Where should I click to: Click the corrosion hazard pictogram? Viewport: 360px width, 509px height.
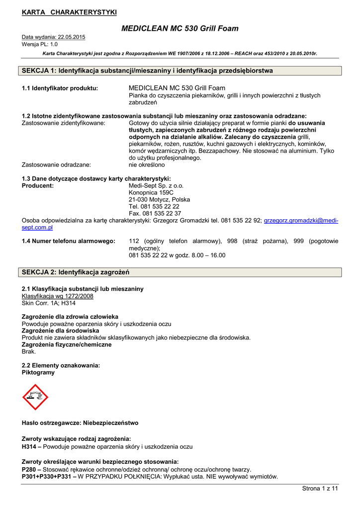point(35,396)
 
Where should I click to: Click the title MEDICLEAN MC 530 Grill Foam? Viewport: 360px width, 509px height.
point(180,28)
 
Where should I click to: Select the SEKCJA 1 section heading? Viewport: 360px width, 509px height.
point(147,71)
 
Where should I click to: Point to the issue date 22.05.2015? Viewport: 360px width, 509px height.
point(72,37)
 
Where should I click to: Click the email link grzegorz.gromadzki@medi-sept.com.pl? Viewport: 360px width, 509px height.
point(301,220)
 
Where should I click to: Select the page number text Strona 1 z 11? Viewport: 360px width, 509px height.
point(320,489)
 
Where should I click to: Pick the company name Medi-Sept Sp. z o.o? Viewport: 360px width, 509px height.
point(156,185)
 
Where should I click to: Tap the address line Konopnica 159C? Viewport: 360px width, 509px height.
point(151,192)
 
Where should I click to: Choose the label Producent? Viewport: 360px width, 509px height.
point(38,185)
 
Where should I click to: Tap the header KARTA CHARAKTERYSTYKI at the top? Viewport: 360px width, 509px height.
point(69,12)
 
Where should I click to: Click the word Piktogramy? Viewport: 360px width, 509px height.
point(38,372)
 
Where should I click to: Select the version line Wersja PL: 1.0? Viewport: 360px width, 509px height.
point(40,44)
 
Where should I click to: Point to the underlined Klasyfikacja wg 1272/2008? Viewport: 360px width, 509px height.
point(57,296)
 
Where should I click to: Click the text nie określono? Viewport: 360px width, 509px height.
point(147,165)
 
